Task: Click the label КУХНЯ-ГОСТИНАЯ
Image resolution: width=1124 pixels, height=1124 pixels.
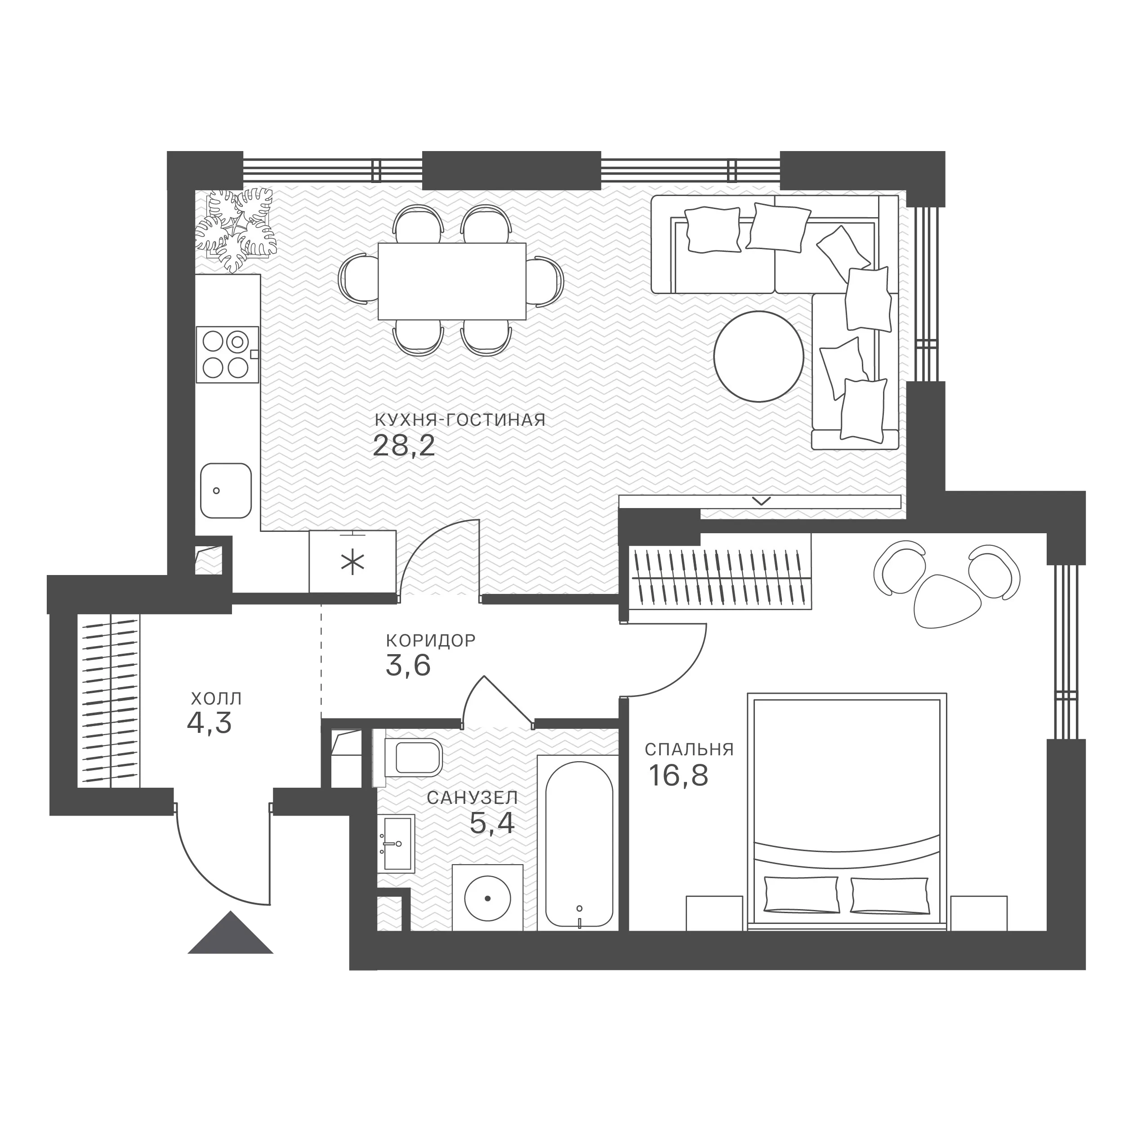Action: [459, 420]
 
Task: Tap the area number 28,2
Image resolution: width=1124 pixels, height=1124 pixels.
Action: [404, 446]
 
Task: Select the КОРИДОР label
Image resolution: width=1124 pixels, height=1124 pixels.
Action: [431, 641]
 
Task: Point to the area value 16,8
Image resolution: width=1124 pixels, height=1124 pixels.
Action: [678, 775]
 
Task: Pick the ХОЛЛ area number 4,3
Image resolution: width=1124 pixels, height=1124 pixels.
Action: [210, 723]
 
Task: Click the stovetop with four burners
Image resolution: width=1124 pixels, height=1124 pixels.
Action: [227, 354]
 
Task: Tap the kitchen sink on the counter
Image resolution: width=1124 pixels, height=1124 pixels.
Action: [226, 491]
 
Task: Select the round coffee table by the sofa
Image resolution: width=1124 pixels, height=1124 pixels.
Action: [758, 356]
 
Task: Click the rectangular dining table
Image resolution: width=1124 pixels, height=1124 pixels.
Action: [452, 281]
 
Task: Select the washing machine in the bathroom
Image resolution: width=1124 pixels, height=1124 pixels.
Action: [487, 898]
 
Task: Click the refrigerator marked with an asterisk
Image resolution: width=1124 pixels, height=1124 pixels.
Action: [352, 562]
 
